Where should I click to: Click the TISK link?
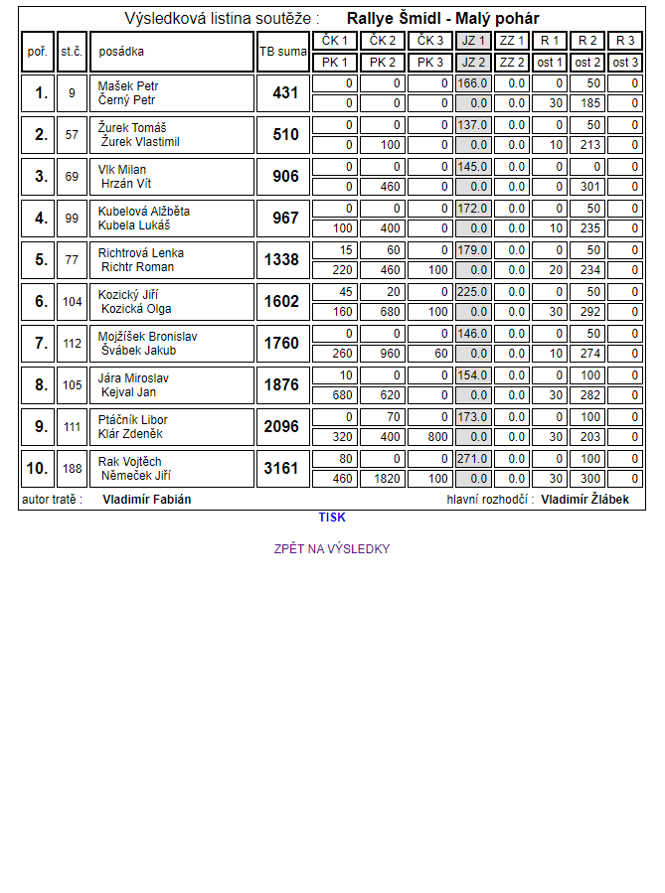[332, 518]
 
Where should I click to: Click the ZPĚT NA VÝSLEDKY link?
[332, 549]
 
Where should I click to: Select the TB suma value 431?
[285, 93]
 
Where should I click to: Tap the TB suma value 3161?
[281, 469]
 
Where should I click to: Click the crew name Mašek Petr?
[128, 86]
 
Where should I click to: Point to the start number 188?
[72, 469]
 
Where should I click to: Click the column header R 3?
[625, 41]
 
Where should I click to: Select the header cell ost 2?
[587, 62]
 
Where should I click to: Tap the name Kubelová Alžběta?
[144, 212]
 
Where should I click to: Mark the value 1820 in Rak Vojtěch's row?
[384, 479]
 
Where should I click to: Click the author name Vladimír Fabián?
[147, 500]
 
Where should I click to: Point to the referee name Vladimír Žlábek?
[585, 500]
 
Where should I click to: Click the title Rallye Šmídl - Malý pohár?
[443, 19]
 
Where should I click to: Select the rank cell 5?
[41, 260]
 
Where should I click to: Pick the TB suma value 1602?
[281, 302]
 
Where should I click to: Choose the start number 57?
[72, 135]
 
